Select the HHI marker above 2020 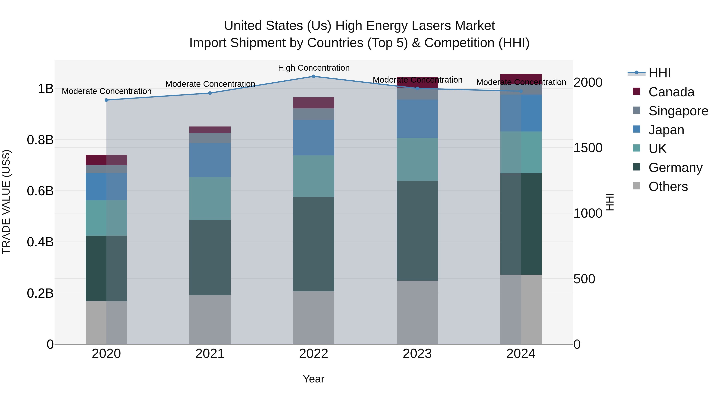pos(106,100)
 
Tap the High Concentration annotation pos(314,68)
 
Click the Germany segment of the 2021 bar pos(210,257)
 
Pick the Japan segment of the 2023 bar pos(417,119)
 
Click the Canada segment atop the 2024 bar pos(521,78)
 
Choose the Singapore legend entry pos(678,111)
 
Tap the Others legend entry pos(668,187)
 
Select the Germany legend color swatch pos(637,167)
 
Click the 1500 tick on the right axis pos(588,148)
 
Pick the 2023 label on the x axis pos(417,354)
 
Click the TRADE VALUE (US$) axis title pos(6,202)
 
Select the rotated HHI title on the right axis pos(610,202)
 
